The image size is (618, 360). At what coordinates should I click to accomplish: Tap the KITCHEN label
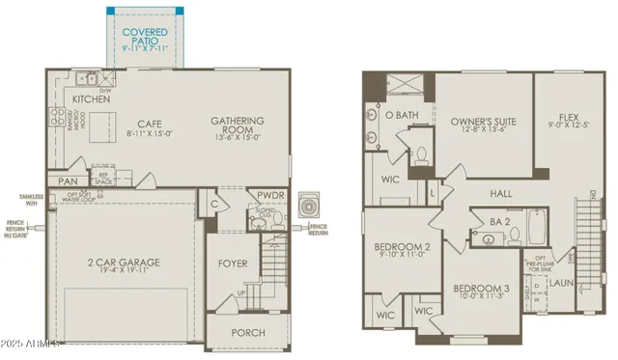pyautogui.click(x=91, y=99)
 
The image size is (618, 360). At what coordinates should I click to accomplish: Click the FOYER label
pyautogui.click(x=233, y=263)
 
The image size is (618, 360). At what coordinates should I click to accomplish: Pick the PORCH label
pyautogui.click(x=247, y=332)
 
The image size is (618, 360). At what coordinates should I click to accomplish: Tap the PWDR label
pyautogui.click(x=270, y=194)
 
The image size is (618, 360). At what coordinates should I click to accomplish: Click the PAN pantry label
pyautogui.click(x=68, y=181)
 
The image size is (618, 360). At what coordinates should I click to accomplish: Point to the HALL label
pyautogui.click(x=501, y=194)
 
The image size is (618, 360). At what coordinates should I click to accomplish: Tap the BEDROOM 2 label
pyautogui.click(x=401, y=247)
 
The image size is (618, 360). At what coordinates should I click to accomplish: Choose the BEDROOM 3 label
pyautogui.click(x=481, y=290)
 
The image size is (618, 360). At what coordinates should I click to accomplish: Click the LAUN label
pyautogui.click(x=562, y=283)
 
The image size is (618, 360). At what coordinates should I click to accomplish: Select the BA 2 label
pyautogui.click(x=499, y=222)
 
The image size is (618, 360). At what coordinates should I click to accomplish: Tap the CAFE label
pyautogui.click(x=149, y=123)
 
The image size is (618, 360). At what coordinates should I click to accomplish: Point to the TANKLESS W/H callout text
pyautogui.click(x=31, y=199)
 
